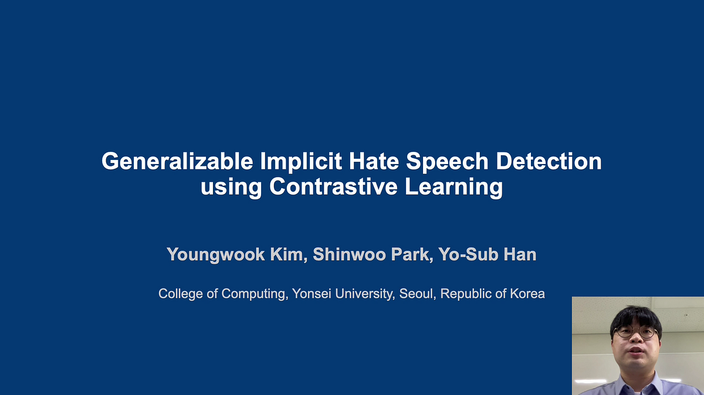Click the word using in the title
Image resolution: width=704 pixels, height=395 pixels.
[x=232, y=188]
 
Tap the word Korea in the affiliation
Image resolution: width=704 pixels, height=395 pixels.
[x=526, y=293]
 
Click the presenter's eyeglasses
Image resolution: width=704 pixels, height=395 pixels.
[x=635, y=332]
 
